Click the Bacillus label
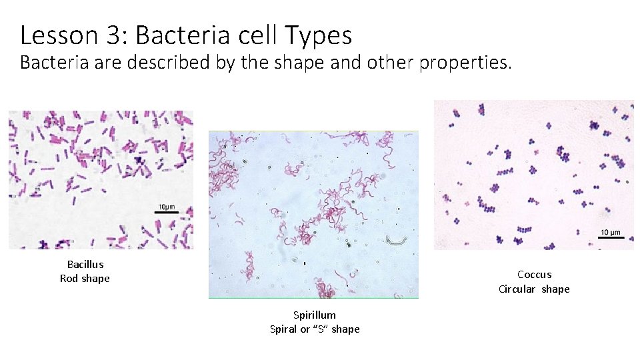pyautogui.click(x=85, y=265)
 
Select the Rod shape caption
pyautogui.click(x=85, y=279)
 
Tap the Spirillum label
pyautogui.click(x=315, y=315)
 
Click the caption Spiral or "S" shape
pyautogui.click(x=315, y=329)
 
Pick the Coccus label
pyautogui.click(x=534, y=275)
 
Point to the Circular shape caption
pyautogui.click(x=534, y=289)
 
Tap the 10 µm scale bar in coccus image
pyautogui.click(x=610, y=239)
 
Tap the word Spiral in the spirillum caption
pyautogui.click(x=283, y=329)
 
